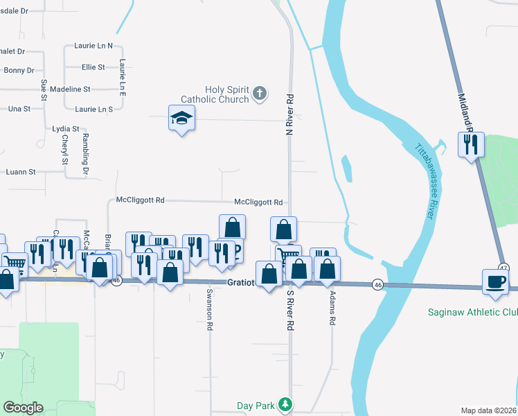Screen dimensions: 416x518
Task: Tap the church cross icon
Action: click(260, 94)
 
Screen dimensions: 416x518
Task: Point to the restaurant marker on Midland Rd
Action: click(471, 146)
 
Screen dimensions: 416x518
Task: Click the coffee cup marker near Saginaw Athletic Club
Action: click(496, 282)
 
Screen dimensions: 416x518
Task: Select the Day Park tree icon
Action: click(285, 404)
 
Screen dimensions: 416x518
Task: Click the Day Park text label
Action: click(256, 405)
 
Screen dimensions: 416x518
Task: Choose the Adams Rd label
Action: click(333, 308)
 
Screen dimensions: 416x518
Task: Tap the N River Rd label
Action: click(291, 114)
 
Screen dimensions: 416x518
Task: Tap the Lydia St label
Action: click(66, 129)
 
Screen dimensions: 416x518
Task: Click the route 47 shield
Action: click(503, 268)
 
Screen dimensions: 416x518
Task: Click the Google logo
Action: click(24, 408)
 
